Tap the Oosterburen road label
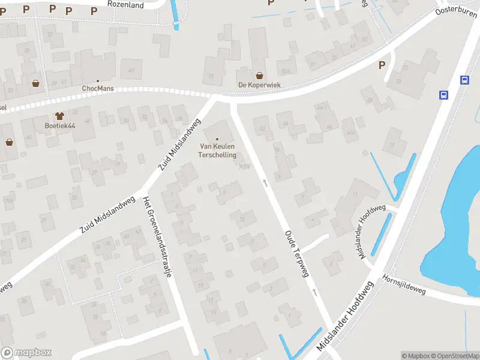point(456,10)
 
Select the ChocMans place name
point(98,89)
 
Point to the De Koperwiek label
point(259,85)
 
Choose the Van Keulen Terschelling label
point(218,151)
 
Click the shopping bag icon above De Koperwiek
point(259,76)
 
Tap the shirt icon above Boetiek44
point(59,115)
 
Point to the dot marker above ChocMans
point(98,80)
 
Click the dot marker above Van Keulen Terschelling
point(217,139)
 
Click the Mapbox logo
point(26,353)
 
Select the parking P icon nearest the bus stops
point(381,65)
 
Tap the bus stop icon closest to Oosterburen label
point(464,80)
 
